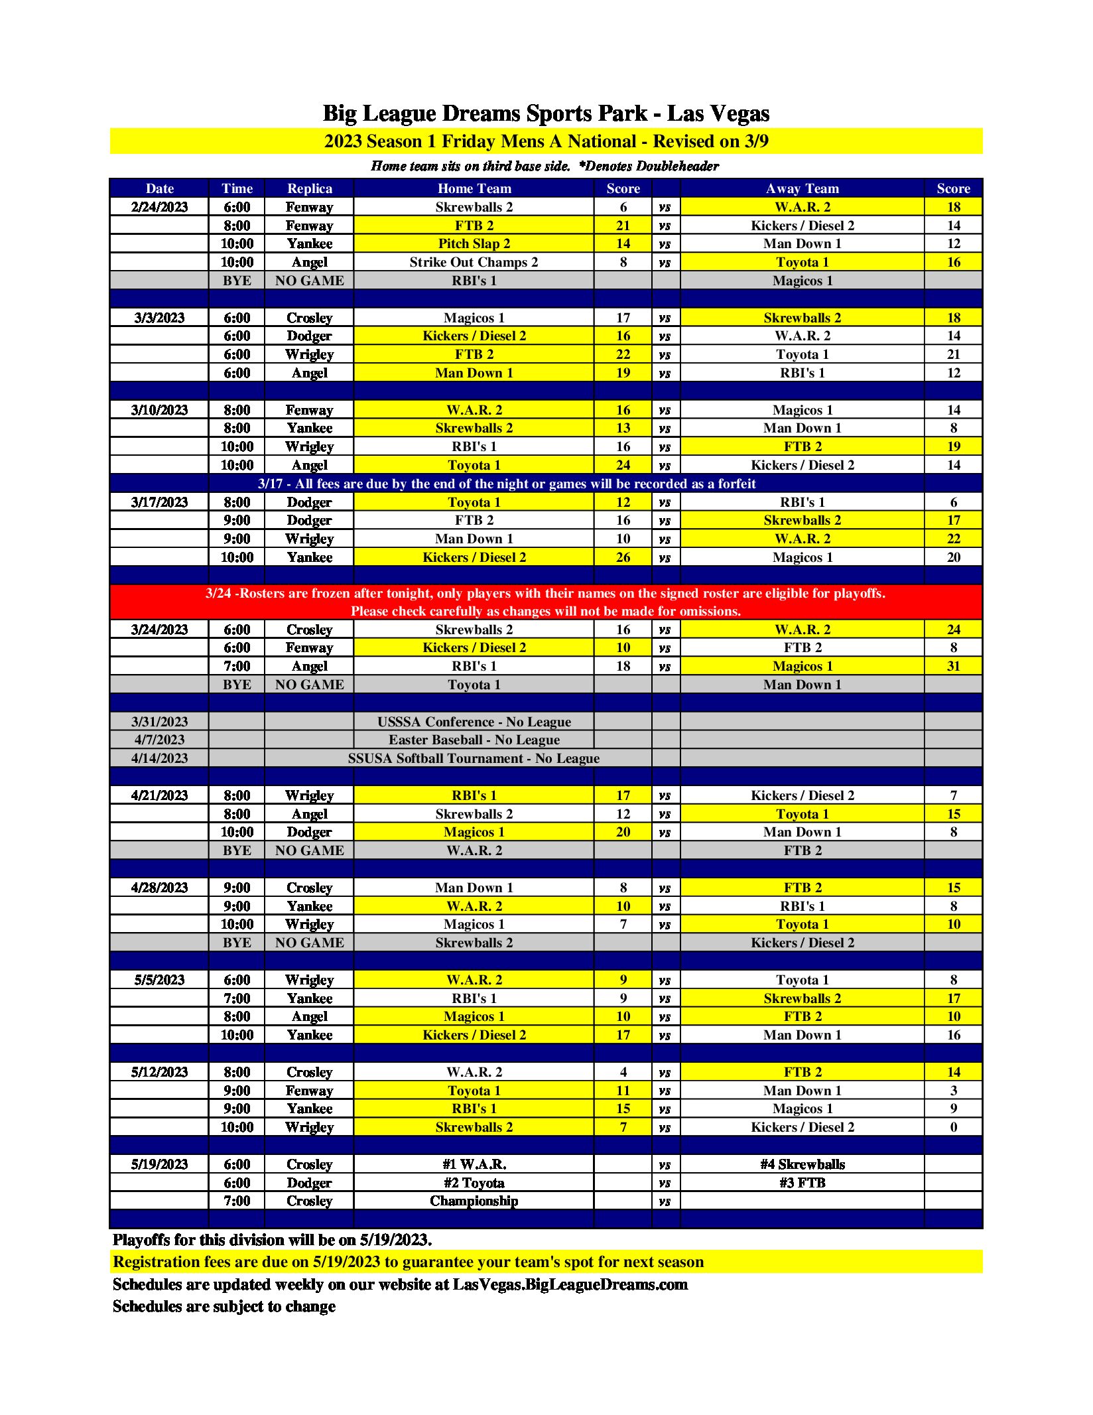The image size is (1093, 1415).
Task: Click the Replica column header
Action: pyautogui.click(x=309, y=188)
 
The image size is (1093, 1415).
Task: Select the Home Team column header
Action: pyautogui.click(x=474, y=188)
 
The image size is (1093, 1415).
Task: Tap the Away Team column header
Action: pyautogui.click(x=802, y=188)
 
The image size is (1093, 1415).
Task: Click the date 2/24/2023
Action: pyautogui.click(x=159, y=207)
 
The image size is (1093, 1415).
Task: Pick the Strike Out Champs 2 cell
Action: pyautogui.click(x=474, y=262)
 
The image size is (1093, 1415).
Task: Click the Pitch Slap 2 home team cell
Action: pyautogui.click(x=474, y=243)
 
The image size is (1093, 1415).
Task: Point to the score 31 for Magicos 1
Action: pyautogui.click(x=953, y=666)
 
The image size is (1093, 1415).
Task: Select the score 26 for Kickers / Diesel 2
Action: pyautogui.click(x=623, y=557)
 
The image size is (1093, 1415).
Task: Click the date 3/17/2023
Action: pyautogui.click(x=159, y=502)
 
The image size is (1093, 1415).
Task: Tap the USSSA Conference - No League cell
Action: pyautogui.click(x=474, y=722)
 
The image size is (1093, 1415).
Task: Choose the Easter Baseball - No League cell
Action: pyautogui.click(x=474, y=740)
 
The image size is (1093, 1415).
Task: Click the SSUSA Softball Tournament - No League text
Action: pyautogui.click(x=474, y=758)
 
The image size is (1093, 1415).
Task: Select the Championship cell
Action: pyautogui.click(x=474, y=1201)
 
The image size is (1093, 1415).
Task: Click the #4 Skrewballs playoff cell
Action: pyautogui.click(x=802, y=1164)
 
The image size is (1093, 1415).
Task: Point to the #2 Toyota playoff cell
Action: pyautogui.click(x=474, y=1183)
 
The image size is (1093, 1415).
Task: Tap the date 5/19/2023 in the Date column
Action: pyautogui.click(x=159, y=1164)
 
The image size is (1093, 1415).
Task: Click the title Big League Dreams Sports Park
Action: pyautogui.click(x=546, y=113)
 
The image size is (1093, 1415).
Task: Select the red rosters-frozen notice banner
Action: pyautogui.click(x=546, y=602)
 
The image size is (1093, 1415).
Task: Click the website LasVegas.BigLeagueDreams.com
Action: pyautogui.click(x=570, y=1284)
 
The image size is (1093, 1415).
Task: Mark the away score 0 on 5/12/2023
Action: pyautogui.click(x=953, y=1127)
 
